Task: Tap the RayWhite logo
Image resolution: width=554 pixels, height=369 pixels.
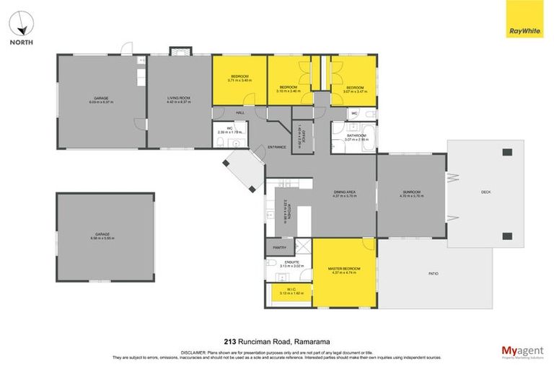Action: pyautogui.click(x=525, y=29)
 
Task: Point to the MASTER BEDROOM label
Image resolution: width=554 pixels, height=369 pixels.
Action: pyautogui.click(x=343, y=267)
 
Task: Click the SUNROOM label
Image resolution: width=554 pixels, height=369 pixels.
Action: pyautogui.click(x=410, y=192)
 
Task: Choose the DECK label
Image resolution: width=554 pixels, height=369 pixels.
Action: pyautogui.click(x=485, y=192)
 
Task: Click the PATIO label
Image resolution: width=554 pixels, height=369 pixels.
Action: pyautogui.click(x=434, y=274)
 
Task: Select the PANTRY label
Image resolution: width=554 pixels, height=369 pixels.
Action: pyautogui.click(x=280, y=247)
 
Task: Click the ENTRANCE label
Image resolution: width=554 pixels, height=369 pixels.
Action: pyautogui.click(x=277, y=147)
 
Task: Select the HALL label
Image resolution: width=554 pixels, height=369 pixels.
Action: pyautogui.click(x=240, y=113)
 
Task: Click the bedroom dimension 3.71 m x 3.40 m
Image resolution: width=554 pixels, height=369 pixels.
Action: pyautogui.click(x=239, y=81)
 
